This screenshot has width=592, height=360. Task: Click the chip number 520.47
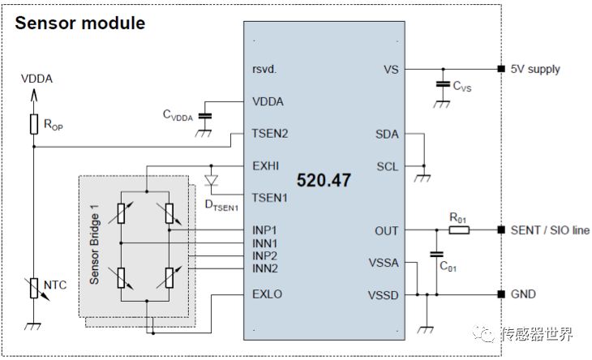coord(324,180)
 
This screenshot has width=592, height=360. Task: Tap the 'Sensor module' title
coord(80,23)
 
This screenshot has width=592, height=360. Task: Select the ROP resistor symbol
coord(34,124)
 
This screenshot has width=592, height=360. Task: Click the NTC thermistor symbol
coord(34,289)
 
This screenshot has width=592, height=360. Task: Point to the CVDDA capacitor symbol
coord(204,116)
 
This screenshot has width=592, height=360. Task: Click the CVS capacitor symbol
coord(443,84)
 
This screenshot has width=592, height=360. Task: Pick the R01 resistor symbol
coord(459,229)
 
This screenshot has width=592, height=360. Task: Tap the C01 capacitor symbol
coord(437,255)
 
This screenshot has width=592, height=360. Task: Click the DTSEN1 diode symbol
coord(212,180)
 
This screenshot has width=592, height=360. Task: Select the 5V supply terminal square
coord(501,69)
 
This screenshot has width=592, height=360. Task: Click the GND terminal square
coord(501,294)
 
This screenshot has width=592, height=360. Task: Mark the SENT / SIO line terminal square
coord(501,229)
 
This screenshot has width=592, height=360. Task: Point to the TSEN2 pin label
coord(270,134)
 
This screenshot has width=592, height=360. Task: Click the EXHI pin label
coord(266,166)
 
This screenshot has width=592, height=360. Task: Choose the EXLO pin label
coord(268,294)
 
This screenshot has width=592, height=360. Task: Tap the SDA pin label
coord(387,134)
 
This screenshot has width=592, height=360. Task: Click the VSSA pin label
coord(384,263)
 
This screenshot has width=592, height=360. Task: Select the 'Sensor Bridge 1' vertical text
coord(94,245)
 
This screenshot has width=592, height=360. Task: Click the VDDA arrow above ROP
coord(34,95)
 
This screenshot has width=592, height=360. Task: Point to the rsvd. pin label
coord(264,70)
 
